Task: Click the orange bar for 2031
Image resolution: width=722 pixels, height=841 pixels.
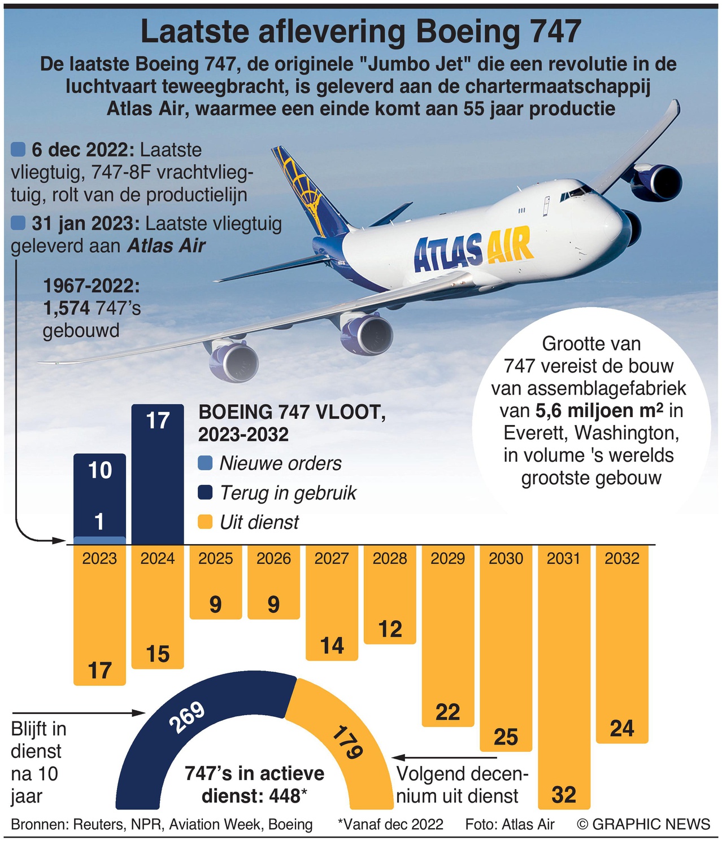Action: tap(564, 677)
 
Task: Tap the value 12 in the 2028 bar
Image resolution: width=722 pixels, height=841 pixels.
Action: tap(390, 629)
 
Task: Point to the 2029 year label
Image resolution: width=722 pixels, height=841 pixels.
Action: tap(447, 558)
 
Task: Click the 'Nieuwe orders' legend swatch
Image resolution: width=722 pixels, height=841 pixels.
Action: tap(206, 463)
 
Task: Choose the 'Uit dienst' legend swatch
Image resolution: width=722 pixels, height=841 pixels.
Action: tap(206, 522)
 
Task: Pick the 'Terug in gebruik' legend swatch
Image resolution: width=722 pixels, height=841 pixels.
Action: tap(206, 493)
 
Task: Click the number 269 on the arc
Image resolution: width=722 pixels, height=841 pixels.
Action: tap(189, 718)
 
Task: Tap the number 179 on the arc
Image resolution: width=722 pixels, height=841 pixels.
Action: tap(346, 743)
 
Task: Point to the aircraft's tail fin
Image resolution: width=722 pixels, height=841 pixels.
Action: tap(305, 186)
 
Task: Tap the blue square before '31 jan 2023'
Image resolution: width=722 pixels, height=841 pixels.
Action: tap(18, 224)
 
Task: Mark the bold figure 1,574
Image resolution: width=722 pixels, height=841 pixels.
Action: tap(66, 308)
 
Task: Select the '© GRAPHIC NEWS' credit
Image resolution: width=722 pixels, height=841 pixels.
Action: tap(643, 824)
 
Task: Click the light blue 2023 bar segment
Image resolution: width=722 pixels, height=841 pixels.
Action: tap(99, 540)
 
